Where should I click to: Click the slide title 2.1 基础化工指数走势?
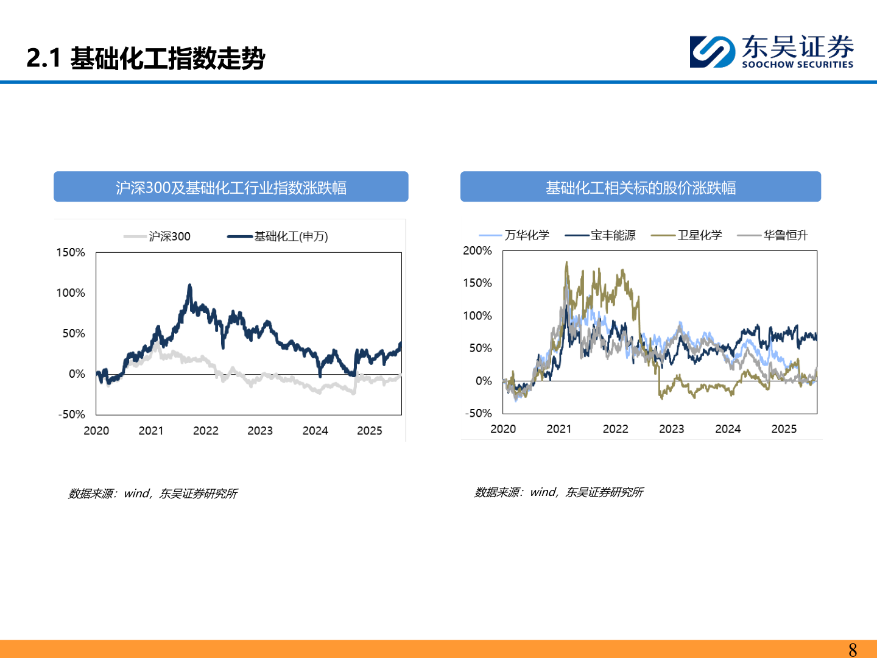click(146, 58)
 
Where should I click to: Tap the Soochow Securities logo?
click(771, 52)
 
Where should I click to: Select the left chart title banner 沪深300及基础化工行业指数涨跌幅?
click(231, 187)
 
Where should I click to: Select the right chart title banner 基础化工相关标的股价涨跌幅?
click(640, 187)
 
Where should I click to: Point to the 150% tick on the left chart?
click(71, 252)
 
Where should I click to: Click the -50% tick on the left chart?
click(72, 414)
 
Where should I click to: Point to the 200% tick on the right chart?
click(477, 250)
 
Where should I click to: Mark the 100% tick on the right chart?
click(477, 316)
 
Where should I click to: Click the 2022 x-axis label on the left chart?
click(205, 431)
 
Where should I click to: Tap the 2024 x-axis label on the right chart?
click(728, 429)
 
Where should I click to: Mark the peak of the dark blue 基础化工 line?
click(189, 285)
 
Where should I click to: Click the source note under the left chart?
click(152, 493)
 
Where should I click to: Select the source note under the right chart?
click(558, 492)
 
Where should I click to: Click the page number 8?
click(853, 649)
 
